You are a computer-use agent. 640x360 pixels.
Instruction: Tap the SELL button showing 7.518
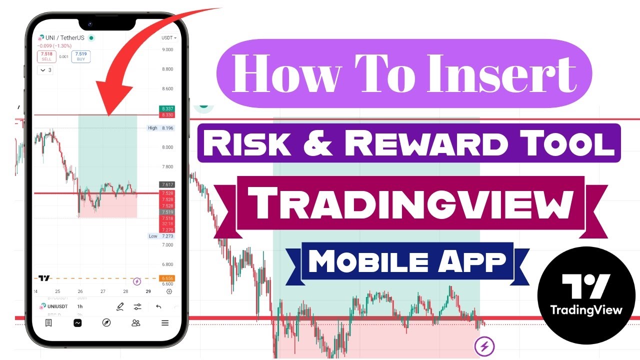46,56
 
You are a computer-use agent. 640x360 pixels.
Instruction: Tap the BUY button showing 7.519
80,56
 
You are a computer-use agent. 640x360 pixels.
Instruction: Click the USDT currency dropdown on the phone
168,37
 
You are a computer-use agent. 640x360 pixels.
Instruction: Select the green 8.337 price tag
166,108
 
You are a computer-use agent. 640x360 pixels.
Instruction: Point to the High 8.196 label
160,128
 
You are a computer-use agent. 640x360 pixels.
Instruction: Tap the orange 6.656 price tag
166,278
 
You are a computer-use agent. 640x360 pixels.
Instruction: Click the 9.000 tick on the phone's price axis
167,49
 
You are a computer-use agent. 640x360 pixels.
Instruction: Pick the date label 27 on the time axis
103,291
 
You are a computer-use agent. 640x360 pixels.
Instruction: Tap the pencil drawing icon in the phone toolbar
120,306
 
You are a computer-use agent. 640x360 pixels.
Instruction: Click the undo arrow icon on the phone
158,306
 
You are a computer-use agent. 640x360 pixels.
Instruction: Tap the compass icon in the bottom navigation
106,323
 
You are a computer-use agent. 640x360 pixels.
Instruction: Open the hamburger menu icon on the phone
165,323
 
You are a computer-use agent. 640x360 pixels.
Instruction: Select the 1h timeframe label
80,306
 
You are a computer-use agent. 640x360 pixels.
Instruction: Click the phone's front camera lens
90,24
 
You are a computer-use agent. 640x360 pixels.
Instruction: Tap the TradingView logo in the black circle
586,295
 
